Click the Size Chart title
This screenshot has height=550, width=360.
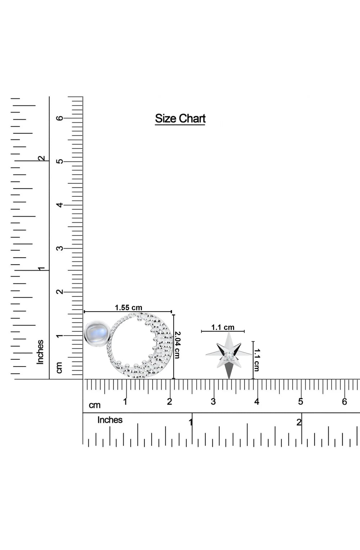coord(180,119)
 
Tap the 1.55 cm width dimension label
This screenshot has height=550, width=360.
coord(129,308)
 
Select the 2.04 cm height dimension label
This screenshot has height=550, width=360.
coord(177,345)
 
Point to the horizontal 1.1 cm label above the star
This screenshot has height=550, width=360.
coord(223,327)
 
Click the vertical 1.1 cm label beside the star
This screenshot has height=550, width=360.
coord(257,360)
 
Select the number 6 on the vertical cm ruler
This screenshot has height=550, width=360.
coord(60,118)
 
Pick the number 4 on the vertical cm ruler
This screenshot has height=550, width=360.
coord(60,205)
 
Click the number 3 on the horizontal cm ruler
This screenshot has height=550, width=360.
coord(213,402)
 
